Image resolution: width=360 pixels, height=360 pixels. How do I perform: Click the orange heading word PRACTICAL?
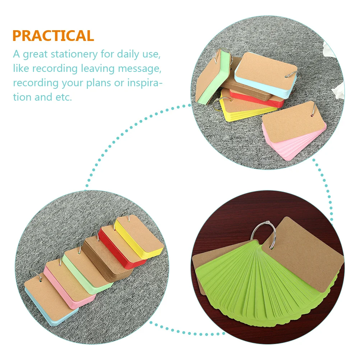53,36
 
